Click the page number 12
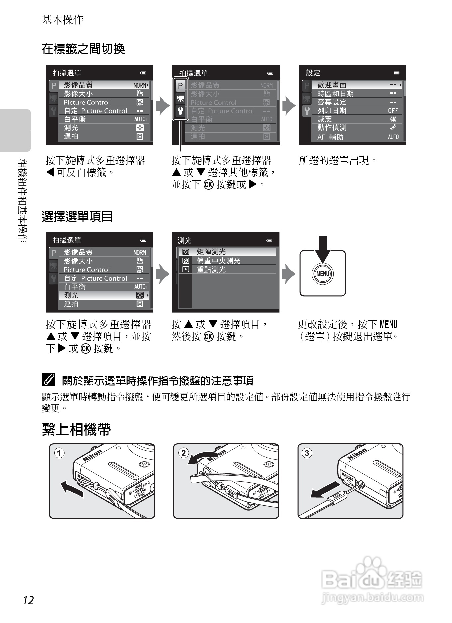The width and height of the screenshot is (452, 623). pyautogui.click(x=29, y=600)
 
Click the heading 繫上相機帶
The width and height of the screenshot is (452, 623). pyautogui.click(x=76, y=429)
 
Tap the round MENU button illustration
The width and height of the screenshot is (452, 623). pyautogui.click(x=323, y=274)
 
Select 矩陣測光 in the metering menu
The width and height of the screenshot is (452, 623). pyautogui.click(x=211, y=252)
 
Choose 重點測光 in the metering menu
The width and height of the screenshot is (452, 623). pyautogui.click(x=211, y=269)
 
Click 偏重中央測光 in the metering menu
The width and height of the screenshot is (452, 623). pyautogui.click(x=218, y=261)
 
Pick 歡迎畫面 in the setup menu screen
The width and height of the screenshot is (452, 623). pyautogui.click(x=332, y=85)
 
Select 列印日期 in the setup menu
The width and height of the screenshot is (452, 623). pyautogui.click(x=332, y=110)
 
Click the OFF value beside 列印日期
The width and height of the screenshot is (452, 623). pyautogui.click(x=393, y=111)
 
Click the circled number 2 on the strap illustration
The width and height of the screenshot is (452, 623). pyautogui.click(x=183, y=453)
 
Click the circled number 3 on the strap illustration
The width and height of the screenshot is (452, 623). pyautogui.click(x=307, y=453)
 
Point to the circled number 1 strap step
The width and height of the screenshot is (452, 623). pyautogui.click(x=59, y=453)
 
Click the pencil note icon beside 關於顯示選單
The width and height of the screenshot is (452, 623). pyautogui.click(x=49, y=380)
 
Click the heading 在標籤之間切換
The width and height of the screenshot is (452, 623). pyautogui.click(x=83, y=49)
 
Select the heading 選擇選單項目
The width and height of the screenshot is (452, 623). pyautogui.click(x=77, y=216)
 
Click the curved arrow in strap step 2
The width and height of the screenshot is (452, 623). pyautogui.click(x=203, y=457)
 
